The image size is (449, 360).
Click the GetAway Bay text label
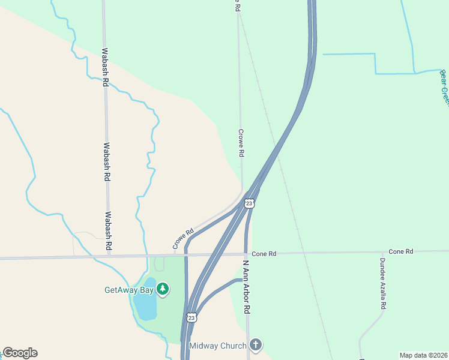(128, 290)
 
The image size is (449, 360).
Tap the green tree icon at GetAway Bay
(162, 290)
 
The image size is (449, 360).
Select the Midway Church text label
(217, 346)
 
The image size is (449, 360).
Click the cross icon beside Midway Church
(256, 345)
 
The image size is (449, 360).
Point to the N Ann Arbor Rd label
(246, 287)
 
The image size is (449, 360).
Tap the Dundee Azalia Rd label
(382, 284)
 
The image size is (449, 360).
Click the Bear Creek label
(444, 87)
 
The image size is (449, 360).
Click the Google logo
(20, 353)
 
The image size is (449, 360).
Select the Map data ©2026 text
(423, 355)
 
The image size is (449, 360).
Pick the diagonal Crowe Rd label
(183, 239)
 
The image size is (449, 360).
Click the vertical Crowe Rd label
(241, 143)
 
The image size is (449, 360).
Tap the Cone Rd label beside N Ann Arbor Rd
(264, 254)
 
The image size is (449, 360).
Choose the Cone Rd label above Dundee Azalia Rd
(401, 251)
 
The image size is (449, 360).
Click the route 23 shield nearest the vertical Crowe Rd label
(250, 203)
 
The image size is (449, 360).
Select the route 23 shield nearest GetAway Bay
(191, 317)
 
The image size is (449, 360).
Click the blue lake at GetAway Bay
(146, 299)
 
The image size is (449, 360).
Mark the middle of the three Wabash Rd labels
(107, 161)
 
